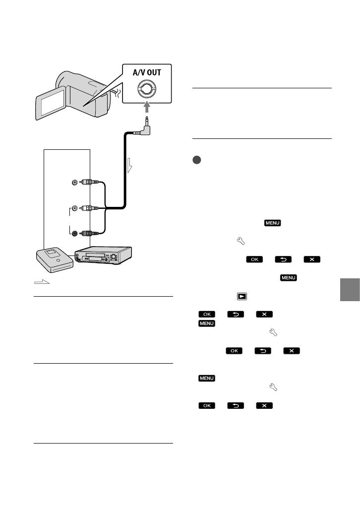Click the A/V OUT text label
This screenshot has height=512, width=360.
pos(147,72)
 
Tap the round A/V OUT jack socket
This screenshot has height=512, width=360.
pos(147,88)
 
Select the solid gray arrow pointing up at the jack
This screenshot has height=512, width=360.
pos(147,107)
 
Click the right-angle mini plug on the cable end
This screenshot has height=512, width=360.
pos(145,127)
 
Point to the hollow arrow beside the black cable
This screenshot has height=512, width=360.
pos(129,165)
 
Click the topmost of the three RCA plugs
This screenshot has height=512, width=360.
pos(89,182)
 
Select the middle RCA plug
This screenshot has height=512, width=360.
pos(89,208)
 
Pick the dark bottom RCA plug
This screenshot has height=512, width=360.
pos(89,234)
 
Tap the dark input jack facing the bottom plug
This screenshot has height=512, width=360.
pos(75,234)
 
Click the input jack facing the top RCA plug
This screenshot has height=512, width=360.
pos(75,182)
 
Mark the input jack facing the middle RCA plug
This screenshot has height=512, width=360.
pos(75,208)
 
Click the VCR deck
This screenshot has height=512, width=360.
pos(103,255)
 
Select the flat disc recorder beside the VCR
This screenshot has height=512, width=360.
pos(55,259)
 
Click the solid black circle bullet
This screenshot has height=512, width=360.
pos(196,160)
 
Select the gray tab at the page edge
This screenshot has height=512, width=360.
pos(350,290)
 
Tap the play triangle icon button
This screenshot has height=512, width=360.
pos(242,296)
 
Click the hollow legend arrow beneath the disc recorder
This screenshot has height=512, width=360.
pos(42,282)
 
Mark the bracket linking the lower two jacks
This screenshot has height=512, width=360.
pos(70,221)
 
